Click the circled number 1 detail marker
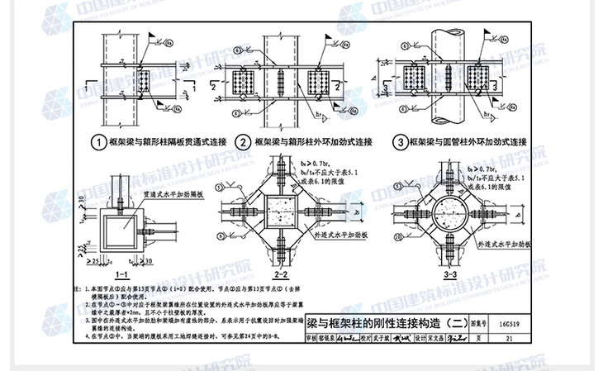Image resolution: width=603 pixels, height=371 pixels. pos(99,141)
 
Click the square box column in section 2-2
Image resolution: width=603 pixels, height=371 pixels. pos(280,211)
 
